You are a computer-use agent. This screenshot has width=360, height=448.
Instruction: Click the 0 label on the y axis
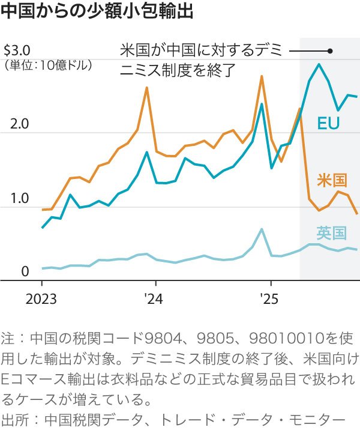click(25, 273)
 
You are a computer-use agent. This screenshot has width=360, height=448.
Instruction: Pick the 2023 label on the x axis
click(41, 298)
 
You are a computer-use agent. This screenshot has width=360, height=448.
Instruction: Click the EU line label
click(328, 124)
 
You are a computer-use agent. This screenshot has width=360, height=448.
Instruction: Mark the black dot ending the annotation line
click(330, 51)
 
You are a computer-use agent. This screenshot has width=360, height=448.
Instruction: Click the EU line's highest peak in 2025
click(319, 64)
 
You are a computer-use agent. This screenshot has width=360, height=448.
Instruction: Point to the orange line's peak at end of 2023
click(147, 88)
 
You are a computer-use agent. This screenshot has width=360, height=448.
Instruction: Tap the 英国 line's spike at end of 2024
click(262, 229)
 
